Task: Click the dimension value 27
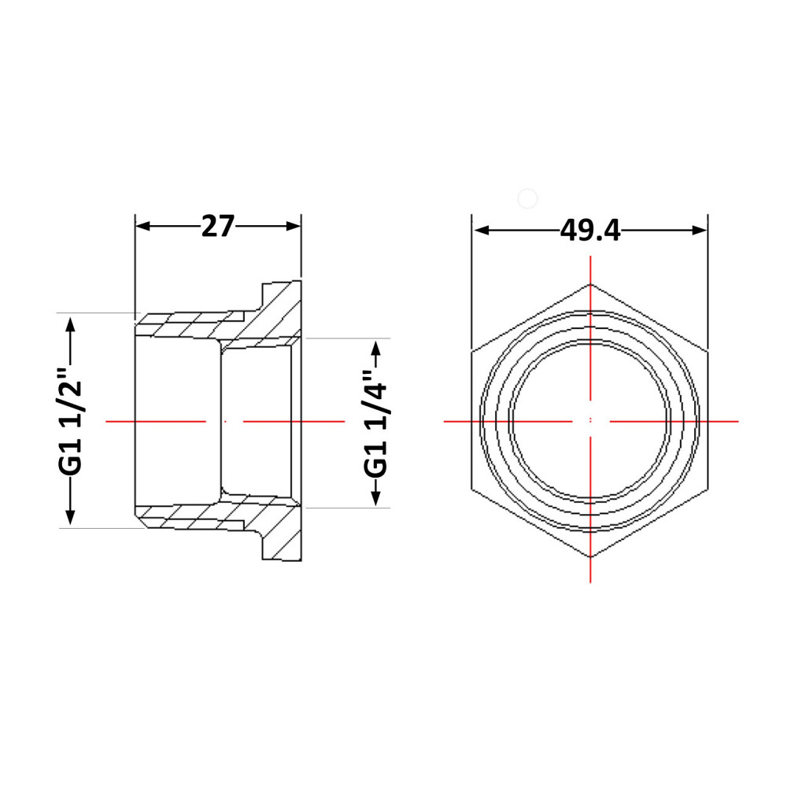pyautogui.click(x=218, y=227)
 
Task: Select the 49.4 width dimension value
pyautogui.click(x=590, y=231)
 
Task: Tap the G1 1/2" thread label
pyautogui.click(x=70, y=421)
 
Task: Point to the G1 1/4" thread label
pyautogui.click(x=375, y=423)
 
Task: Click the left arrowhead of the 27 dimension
pyautogui.click(x=143, y=227)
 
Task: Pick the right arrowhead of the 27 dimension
pyautogui.click(x=293, y=227)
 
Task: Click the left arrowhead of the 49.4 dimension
pyautogui.click(x=482, y=231)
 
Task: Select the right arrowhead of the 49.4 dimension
pyautogui.click(x=699, y=231)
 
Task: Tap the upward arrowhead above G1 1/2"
pyautogui.click(x=70, y=325)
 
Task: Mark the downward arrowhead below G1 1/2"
pyautogui.click(x=70, y=517)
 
